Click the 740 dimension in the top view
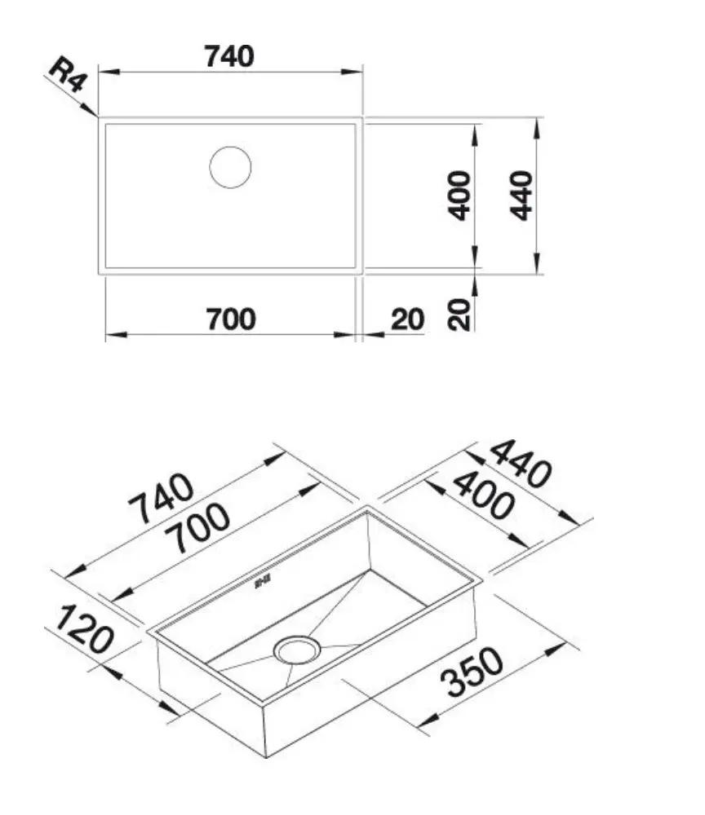point(230,56)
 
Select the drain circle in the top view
point(230,167)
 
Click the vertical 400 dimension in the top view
point(461,195)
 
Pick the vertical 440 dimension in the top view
point(521,195)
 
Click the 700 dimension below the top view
point(230,319)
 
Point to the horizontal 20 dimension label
point(407,319)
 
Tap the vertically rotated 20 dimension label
point(462,313)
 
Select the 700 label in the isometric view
point(196,528)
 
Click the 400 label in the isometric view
point(484,496)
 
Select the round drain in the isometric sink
point(299,650)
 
